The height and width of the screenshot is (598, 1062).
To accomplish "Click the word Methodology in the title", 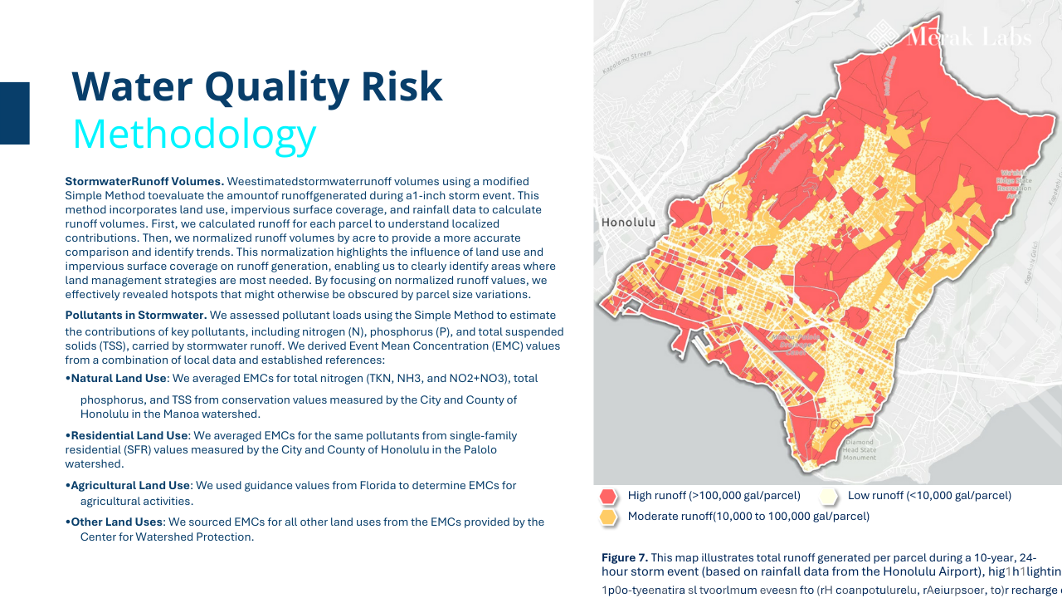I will pos(194,135).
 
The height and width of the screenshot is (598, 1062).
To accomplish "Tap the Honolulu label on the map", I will pos(627,223).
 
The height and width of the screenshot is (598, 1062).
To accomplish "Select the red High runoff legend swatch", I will pos(609,497).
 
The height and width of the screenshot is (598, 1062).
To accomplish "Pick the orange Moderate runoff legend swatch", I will pos(609,517).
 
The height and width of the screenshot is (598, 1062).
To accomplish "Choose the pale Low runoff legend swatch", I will pos(828,497).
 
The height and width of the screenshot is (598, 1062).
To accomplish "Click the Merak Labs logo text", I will pos(969,37).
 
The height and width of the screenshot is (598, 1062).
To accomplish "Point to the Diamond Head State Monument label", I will pos(859,450).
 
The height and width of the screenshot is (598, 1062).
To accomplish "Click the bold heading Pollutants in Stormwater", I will pos(136,316).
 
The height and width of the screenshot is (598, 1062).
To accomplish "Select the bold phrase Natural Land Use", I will pos(119,379).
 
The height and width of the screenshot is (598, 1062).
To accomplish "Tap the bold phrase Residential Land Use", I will pos(129,436).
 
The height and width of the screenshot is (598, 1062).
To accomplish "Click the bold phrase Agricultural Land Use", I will pos(130,486).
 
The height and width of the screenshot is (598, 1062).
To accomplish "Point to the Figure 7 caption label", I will pos(625,557).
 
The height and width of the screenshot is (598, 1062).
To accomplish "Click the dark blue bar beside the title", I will pos(15,113).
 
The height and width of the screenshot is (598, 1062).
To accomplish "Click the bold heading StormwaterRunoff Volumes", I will pos(144,181).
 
